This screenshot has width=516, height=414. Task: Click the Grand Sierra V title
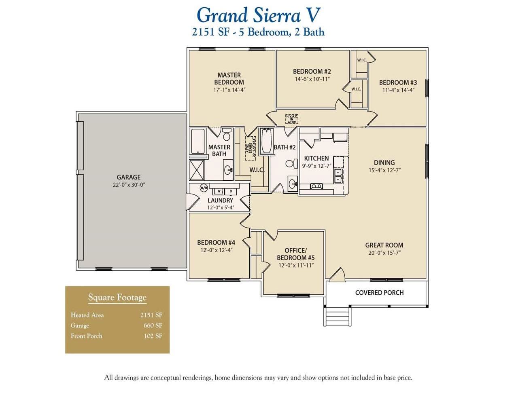tap(258, 15)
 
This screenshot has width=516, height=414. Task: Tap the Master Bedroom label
tap(229, 78)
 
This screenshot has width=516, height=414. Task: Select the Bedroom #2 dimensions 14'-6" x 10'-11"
tap(312, 79)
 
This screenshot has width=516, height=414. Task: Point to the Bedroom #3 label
tap(397, 82)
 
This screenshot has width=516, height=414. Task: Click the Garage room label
tap(129, 177)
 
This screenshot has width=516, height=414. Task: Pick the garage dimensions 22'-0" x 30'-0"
tap(129, 185)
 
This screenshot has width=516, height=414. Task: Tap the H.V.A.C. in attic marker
tap(291, 119)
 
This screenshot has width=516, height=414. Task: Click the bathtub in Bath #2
tap(266, 142)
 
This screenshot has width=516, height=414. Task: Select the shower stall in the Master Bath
tap(197, 170)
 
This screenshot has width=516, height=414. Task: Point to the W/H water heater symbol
tap(204, 188)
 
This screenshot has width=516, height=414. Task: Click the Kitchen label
tap(316, 158)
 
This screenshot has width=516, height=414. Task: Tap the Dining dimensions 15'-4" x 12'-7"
tap(384, 171)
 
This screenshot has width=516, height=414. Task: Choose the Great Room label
tap(384, 245)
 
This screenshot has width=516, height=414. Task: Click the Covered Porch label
tap(379, 293)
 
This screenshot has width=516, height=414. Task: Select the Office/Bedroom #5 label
tap(295, 254)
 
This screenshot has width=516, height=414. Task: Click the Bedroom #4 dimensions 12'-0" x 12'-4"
tap(216, 250)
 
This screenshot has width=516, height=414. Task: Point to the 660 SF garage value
tap(153, 325)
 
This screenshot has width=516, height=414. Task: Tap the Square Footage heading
tap(117, 298)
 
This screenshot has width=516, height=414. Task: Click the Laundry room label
tap(220, 201)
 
